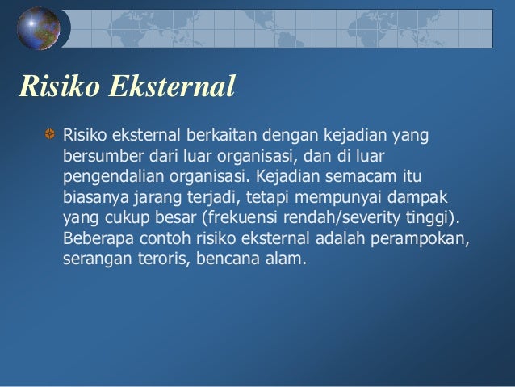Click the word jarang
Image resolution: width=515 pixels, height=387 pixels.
tap(157, 196)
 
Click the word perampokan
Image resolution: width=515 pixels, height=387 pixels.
tap(428, 240)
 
